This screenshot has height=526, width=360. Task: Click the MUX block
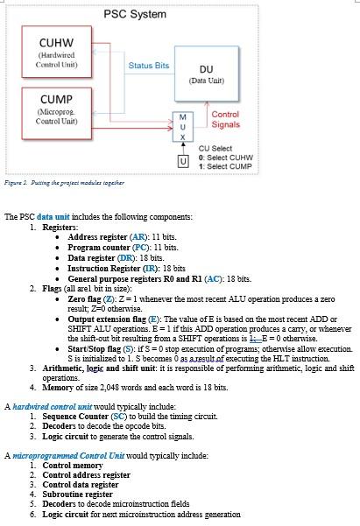182,127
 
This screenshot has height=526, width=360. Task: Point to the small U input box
182,161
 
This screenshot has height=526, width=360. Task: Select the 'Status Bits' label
148,66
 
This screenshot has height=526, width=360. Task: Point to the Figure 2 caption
61,182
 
